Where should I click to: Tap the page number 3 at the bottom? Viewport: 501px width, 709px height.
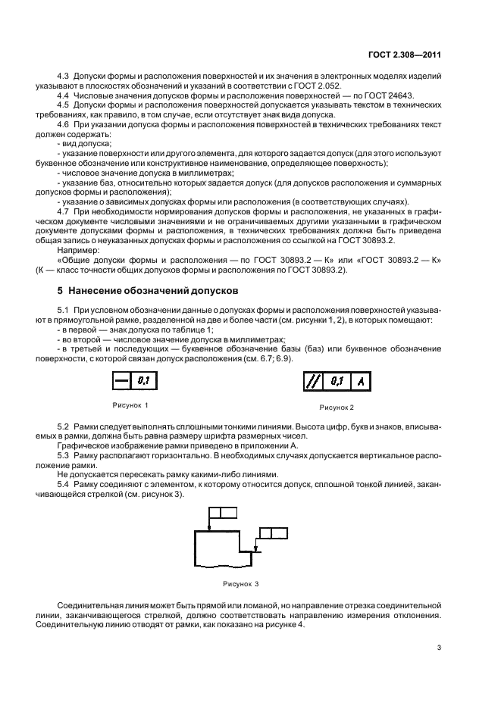pyautogui.click(x=439, y=647)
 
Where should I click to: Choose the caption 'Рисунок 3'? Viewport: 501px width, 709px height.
pyautogui.click(x=240, y=584)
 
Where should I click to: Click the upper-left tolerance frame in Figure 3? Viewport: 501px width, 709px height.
pyautogui.click(x=223, y=513)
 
